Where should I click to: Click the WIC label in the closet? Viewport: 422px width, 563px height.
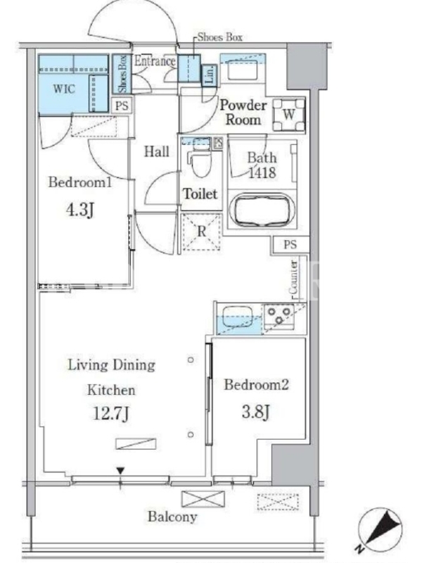[x=64, y=89]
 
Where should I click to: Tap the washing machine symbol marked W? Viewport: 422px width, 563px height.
[x=289, y=115]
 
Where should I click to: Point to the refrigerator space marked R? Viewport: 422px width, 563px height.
[x=201, y=232]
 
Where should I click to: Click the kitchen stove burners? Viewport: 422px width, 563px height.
[x=279, y=316]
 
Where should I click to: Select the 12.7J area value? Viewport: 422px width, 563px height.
[x=111, y=413]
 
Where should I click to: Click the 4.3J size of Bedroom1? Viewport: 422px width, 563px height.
[x=80, y=210]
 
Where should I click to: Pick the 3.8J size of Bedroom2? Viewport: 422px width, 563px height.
[x=255, y=412]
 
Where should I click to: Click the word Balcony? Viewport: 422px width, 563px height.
[x=172, y=517]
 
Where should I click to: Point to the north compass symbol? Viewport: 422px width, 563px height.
[x=381, y=530]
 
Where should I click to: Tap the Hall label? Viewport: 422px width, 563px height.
[x=156, y=151]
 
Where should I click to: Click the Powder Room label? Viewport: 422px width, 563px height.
[x=243, y=113]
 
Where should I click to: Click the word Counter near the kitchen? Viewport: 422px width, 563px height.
[x=293, y=277]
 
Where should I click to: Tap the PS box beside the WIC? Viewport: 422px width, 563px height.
[x=122, y=106]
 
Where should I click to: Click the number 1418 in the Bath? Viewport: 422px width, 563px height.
[x=262, y=172]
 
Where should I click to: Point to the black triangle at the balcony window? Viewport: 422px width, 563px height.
[x=120, y=471]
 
